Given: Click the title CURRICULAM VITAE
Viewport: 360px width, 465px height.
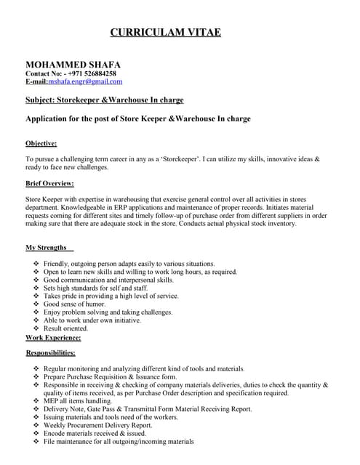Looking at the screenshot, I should point(165,32).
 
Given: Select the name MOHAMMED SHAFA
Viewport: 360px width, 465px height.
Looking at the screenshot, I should point(73,65).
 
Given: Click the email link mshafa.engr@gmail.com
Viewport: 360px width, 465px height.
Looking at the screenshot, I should point(85,82).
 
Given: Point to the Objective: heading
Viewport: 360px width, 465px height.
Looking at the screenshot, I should point(41,143).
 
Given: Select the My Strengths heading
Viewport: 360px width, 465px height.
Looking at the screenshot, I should point(48,248).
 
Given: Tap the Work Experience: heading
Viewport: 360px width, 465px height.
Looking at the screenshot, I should point(53,338).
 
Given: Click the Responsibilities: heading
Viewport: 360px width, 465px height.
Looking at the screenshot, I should point(50,352).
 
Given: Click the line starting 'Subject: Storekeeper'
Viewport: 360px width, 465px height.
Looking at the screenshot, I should point(104,100).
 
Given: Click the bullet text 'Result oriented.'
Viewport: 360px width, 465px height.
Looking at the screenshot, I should point(70,328).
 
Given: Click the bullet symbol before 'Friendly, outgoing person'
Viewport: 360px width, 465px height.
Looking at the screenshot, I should point(36,264).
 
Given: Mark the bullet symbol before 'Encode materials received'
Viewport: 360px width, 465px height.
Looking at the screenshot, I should point(36,433).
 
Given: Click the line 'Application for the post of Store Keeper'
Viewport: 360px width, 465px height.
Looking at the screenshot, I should point(137,118).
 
